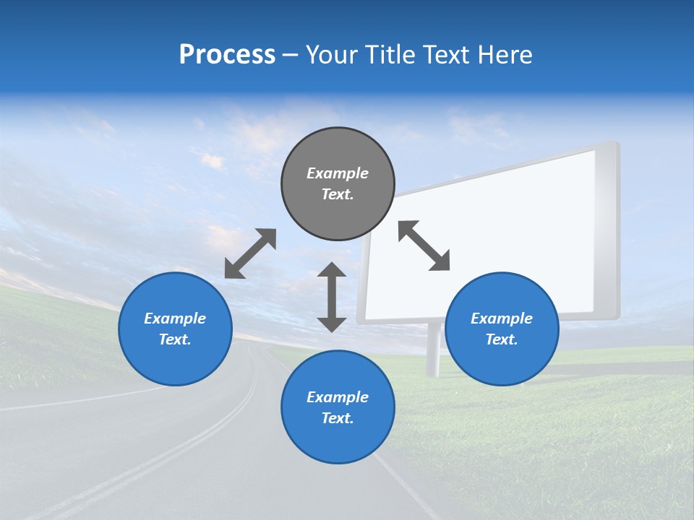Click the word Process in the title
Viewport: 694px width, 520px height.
click(x=227, y=55)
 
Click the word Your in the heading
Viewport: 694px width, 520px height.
click(x=332, y=55)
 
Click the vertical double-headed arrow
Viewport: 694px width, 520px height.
click(x=332, y=297)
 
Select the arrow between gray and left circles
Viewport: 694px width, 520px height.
click(x=250, y=253)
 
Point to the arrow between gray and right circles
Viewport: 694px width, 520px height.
click(x=424, y=246)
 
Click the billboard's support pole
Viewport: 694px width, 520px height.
click(x=433, y=350)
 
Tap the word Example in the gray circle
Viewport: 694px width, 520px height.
click(x=338, y=173)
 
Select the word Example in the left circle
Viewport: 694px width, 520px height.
click(x=175, y=318)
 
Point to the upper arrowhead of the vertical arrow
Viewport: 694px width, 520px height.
click(x=332, y=270)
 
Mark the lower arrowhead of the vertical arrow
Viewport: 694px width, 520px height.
click(x=332, y=324)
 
